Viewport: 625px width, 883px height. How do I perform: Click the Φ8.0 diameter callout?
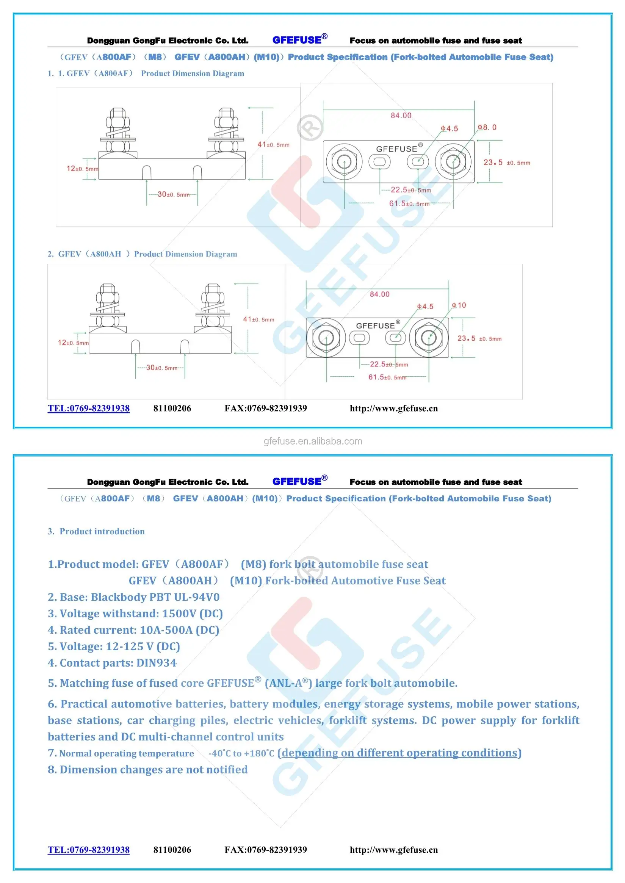click(x=487, y=127)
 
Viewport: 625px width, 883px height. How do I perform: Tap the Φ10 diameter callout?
click(x=459, y=305)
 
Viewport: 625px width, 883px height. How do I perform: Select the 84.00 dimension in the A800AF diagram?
click(x=401, y=116)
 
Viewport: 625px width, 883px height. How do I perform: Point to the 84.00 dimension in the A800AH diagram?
click(x=379, y=294)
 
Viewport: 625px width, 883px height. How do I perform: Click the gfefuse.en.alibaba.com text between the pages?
click(x=312, y=441)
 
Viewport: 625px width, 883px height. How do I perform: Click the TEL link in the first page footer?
click(x=89, y=408)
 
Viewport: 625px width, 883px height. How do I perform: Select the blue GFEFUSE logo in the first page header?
click(x=299, y=40)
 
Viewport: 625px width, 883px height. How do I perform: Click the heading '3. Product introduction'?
click(x=96, y=531)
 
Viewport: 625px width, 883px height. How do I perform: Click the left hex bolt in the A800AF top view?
click(x=344, y=161)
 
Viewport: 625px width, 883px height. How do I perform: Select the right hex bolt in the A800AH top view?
click(x=429, y=338)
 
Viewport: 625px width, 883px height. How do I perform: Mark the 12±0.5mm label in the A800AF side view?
click(x=82, y=169)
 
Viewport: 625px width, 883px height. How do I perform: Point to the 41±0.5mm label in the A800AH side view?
click(x=258, y=319)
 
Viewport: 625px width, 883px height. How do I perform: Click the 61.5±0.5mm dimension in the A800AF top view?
click(x=409, y=204)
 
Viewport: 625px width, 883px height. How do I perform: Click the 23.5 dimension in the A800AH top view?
click(x=479, y=338)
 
